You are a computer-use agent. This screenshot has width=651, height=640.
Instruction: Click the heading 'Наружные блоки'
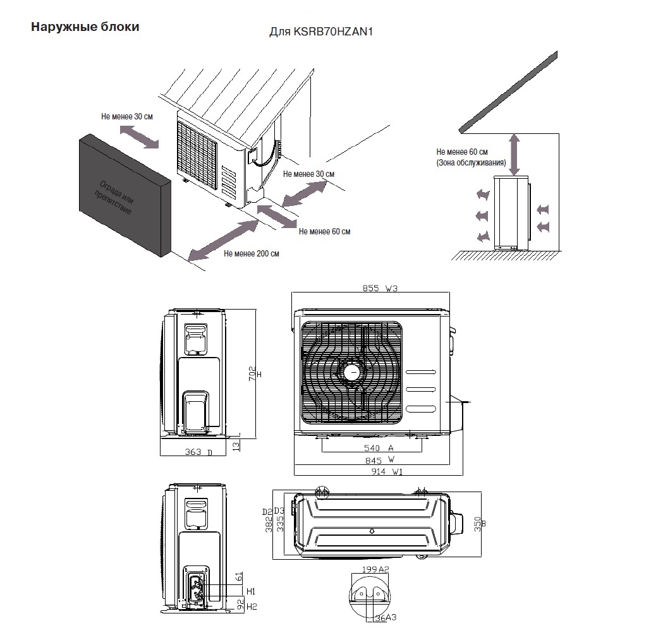coord(85,27)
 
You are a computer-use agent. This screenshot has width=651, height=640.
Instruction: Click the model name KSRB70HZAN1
coord(320,32)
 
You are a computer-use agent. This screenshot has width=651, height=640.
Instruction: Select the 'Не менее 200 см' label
coord(251,254)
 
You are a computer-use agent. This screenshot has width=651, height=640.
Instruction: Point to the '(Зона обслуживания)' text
coord(471,163)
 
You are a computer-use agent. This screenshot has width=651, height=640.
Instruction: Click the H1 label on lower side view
coord(251,591)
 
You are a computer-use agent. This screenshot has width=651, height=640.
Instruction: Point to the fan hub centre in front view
coord(352,372)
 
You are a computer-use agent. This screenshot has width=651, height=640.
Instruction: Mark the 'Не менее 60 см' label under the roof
coord(462,152)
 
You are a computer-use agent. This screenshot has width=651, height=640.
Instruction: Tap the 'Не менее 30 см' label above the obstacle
coord(126,117)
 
